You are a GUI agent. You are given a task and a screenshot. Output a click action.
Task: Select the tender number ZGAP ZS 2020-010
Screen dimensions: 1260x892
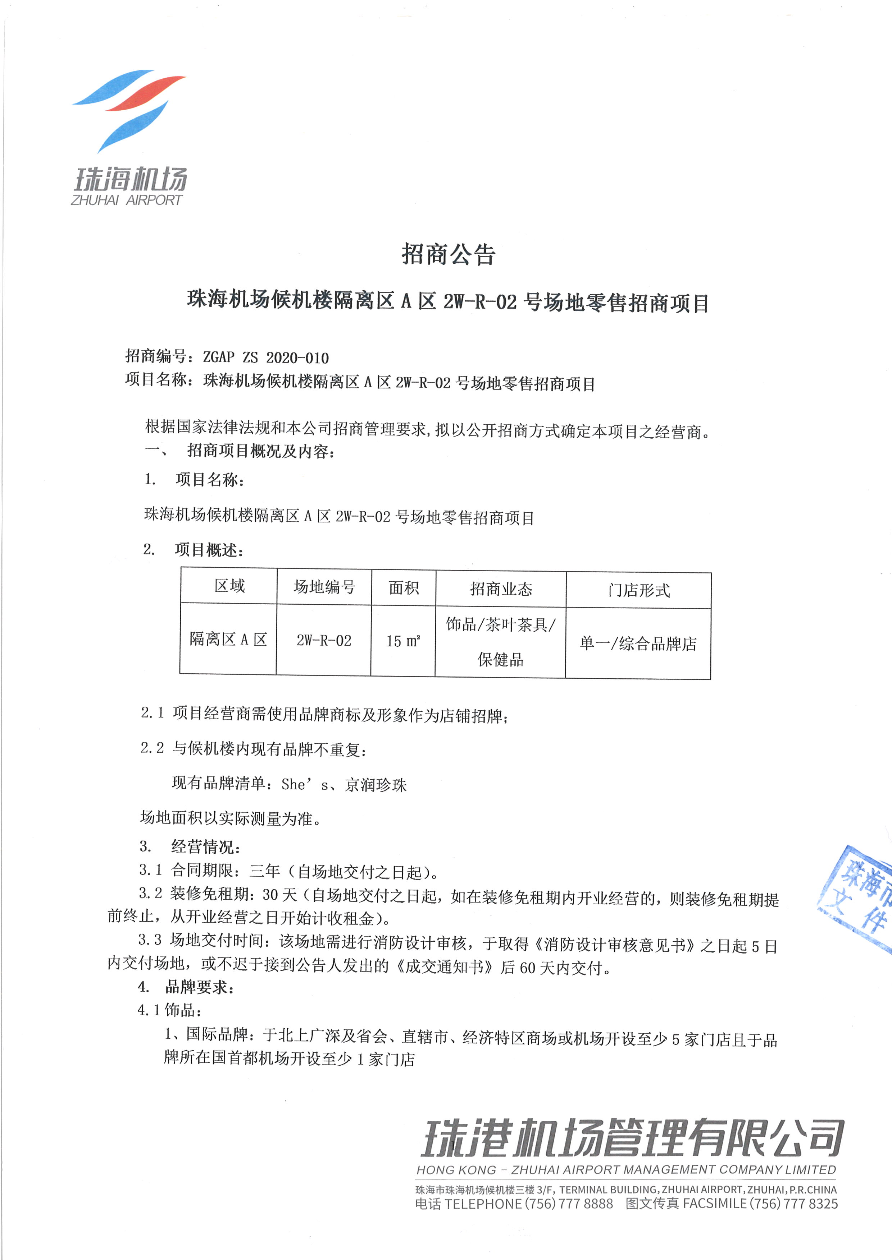click(x=266, y=358)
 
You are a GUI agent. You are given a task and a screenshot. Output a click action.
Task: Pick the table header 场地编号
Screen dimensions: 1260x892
click(x=324, y=587)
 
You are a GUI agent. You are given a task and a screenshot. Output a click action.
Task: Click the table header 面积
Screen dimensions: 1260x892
click(x=404, y=588)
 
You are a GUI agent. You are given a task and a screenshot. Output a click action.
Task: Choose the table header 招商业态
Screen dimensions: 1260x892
click(x=501, y=589)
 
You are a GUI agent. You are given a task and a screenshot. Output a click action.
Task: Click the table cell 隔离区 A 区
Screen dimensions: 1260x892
click(x=228, y=639)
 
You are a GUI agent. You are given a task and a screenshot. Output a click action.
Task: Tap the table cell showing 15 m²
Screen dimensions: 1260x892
click(x=403, y=641)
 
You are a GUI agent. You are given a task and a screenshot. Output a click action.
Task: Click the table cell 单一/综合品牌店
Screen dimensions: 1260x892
click(x=638, y=643)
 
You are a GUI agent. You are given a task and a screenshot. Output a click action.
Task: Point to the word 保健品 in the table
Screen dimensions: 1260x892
click(x=500, y=660)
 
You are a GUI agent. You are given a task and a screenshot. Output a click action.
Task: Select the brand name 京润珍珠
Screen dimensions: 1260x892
click(x=376, y=785)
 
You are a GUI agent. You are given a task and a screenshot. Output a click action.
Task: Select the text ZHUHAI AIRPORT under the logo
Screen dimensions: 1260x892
click(x=126, y=200)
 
